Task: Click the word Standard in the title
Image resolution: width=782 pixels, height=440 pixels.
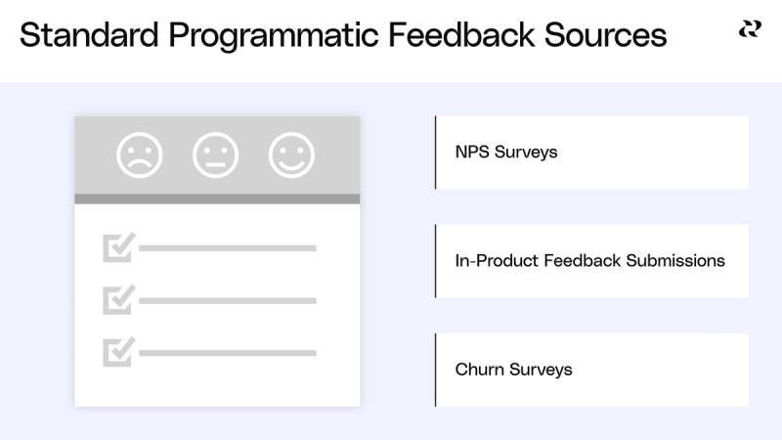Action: pyautogui.click(x=89, y=35)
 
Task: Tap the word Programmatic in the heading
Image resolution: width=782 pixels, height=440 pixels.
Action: pyautogui.click(x=272, y=35)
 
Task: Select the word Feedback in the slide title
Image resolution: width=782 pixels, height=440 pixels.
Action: pyautogui.click(x=459, y=35)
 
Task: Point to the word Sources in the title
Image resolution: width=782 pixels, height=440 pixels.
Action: pyautogui.click(x=605, y=35)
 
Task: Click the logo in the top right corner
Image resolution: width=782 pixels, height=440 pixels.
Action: pyautogui.click(x=749, y=30)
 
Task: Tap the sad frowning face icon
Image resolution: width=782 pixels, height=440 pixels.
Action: pyautogui.click(x=140, y=154)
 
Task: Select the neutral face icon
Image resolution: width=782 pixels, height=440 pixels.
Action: pyautogui.click(x=215, y=154)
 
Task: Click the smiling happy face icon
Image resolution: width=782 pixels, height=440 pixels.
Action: pyautogui.click(x=291, y=154)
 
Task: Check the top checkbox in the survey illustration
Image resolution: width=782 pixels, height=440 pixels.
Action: pyautogui.click(x=117, y=247)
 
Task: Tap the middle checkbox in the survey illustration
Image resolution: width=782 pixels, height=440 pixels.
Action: pyautogui.click(x=117, y=299)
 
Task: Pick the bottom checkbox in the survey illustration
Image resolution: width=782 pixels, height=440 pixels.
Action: pyautogui.click(x=117, y=351)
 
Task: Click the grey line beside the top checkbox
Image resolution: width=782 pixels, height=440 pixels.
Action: pyautogui.click(x=228, y=248)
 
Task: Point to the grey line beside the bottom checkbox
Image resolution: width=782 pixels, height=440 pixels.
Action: pyautogui.click(x=228, y=352)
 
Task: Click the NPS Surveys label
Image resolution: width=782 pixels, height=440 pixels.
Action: pyautogui.click(x=506, y=153)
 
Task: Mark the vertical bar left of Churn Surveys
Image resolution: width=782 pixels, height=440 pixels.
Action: pyautogui.click(x=436, y=370)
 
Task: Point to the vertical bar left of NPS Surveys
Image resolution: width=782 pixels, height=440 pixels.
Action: pyautogui.click(x=436, y=153)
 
